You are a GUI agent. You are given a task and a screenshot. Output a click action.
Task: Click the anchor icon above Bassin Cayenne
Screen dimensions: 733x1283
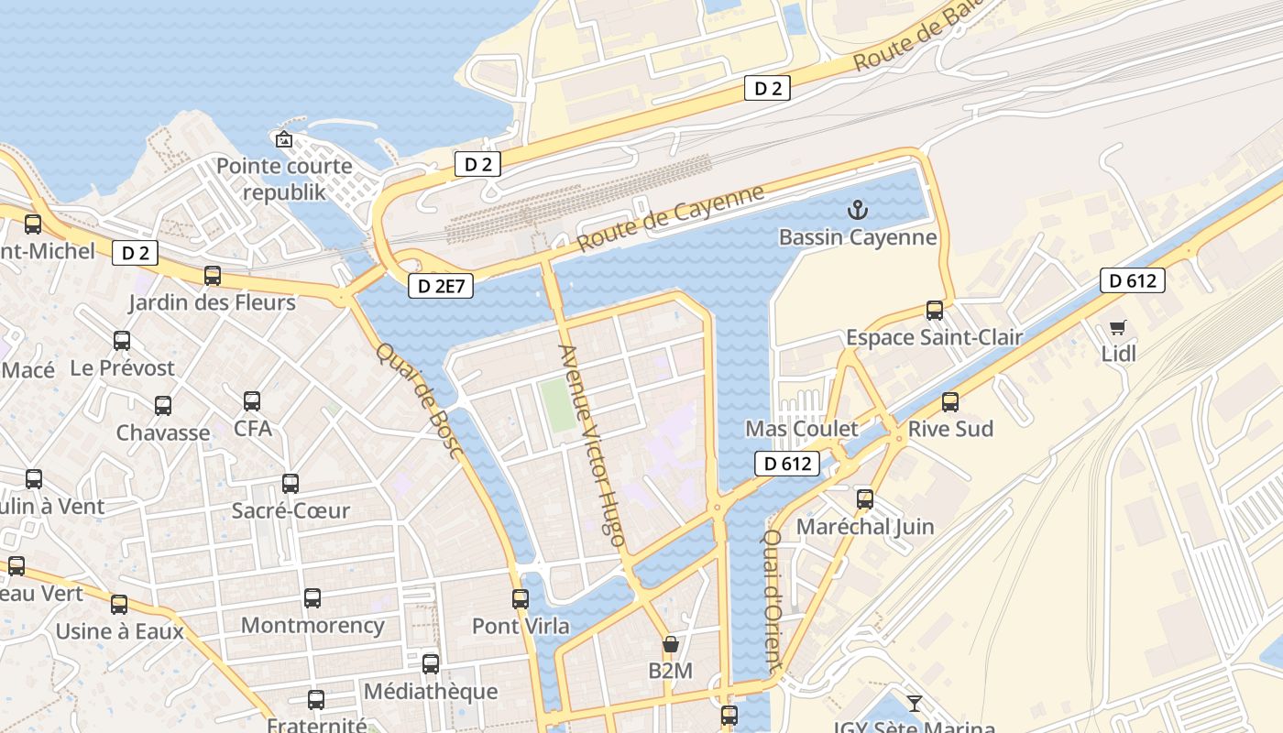(x=857, y=211)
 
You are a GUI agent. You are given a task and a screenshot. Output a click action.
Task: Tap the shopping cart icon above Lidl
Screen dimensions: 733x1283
(x=1117, y=327)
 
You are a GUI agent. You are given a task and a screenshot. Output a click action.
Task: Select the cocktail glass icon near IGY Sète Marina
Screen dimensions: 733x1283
(x=914, y=704)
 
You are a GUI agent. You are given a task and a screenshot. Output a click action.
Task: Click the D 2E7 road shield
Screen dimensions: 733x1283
(x=441, y=286)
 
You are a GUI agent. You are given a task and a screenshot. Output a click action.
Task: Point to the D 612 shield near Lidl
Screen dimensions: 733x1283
(x=1133, y=280)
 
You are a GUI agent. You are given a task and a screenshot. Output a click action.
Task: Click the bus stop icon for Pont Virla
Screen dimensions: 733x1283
(x=521, y=599)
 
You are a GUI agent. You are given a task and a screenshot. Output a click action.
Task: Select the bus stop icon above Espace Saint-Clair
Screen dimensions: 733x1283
(x=935, y=311)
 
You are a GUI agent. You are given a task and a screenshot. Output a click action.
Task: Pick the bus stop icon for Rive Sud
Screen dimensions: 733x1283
(x=950, y=402)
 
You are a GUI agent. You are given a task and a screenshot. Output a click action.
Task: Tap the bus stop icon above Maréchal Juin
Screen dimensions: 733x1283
(x=865, y=499)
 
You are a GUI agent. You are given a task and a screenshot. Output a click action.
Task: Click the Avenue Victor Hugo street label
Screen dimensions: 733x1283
(x=592, y=440)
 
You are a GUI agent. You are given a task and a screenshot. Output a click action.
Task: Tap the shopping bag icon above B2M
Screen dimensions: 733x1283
(x=671, y=644)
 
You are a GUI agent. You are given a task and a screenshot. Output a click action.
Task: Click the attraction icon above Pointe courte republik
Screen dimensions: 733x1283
(x=284, y=139)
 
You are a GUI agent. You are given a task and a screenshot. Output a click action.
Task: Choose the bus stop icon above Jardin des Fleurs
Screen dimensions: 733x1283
(x=213, y=275)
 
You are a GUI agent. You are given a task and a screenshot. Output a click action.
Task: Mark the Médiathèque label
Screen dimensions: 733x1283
(x=431, y=691)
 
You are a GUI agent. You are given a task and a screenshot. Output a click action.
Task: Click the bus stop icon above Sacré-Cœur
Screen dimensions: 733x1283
(x=291, y=484)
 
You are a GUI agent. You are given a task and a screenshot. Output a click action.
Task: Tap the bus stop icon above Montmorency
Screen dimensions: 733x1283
(x=313, y=598)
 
